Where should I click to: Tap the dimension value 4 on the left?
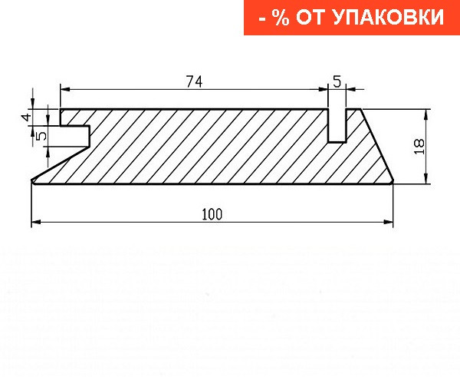[x=25, y=117]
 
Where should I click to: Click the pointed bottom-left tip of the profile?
[x=33, y=182]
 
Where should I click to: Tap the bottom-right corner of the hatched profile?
[x=391, y=183]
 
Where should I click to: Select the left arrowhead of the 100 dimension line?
[x=36, y=223]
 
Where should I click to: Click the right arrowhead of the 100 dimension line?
[x=389, y=223]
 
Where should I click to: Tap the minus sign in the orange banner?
[x=261, y=18]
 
